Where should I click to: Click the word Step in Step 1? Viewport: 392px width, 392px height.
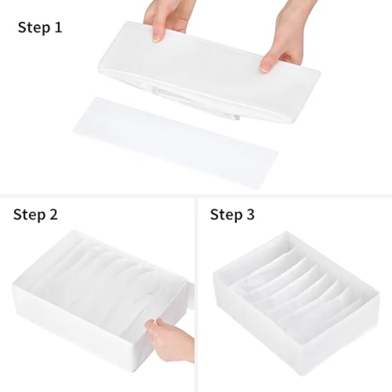pyautogui.click(x=34, y=27)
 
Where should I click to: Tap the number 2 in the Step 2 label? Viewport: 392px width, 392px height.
pyautogui.click(x=53, y=214)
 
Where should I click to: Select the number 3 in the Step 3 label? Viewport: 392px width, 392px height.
pyautogui.click(x=250, y=214)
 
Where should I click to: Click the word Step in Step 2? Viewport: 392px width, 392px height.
pyautogui.click(x=29, y=215)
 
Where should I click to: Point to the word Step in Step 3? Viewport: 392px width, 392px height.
pyautogui.click(x=226, y=215)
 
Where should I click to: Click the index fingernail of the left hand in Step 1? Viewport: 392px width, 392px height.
pyautogui.click(x=157, y=37)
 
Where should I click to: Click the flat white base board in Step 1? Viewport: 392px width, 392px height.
pyautogui.click(x=175, y=142)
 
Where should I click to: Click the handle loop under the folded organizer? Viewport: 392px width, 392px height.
pyautogui.click(x=195, y=103)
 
